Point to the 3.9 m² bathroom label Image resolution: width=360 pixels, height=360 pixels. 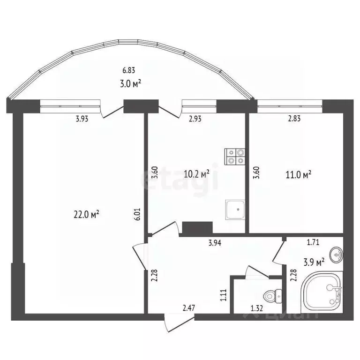point(315,262)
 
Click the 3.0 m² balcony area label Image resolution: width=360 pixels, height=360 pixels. point(131,84)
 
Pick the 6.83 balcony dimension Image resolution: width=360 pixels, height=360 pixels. point(129,71)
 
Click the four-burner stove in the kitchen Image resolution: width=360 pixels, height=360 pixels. point(235,156)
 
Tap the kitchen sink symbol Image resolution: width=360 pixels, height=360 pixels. point(235,209)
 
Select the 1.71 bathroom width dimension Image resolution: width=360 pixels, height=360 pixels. point(314,243)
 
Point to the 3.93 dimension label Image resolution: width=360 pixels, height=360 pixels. point(82,119)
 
